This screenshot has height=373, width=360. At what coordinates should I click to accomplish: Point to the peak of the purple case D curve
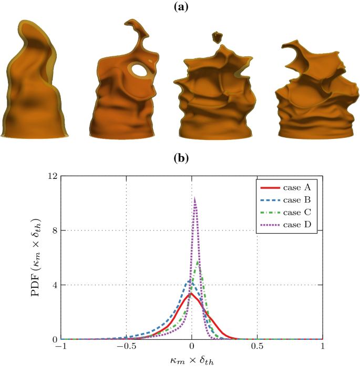[x=195, y=198]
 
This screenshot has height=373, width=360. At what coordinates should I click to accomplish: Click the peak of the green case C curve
[x=198, y=261]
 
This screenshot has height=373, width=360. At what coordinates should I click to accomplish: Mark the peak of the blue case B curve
[x=189, y=281]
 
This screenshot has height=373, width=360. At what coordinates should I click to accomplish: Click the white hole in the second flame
[x=139, y=69]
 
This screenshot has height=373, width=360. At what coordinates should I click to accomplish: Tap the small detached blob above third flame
[x=217, y=37]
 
